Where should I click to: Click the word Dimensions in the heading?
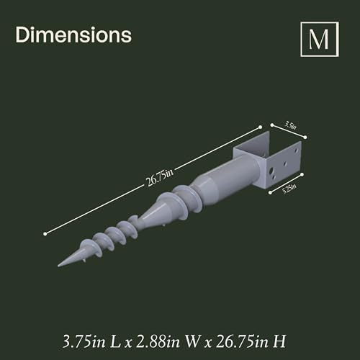73,35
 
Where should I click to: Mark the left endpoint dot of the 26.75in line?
45,233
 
